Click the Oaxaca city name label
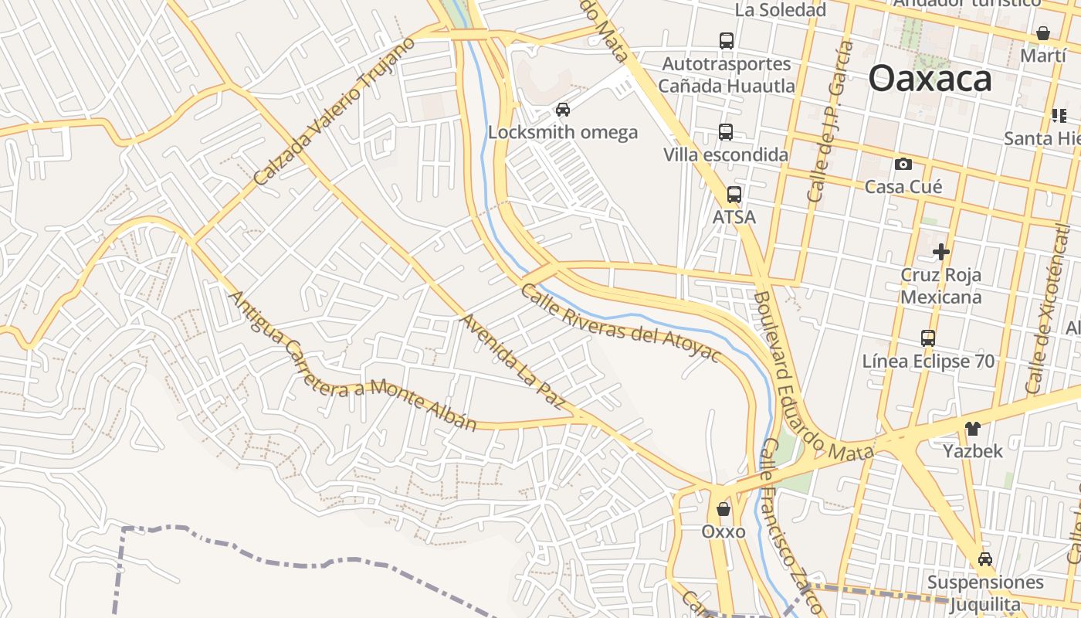click(x=930, y=79)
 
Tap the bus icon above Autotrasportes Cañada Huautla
click(x=726, y=41)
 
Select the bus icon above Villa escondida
click(x=726, y=132)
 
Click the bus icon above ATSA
click(x=734, y=195)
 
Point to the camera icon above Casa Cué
click(x=903, y=164)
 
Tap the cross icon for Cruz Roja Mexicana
click(x=940, y=252)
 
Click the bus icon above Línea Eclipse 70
click(x=928, y=338)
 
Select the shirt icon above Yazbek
click(x=972, y=428)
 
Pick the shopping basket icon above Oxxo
click(x=723, y=509)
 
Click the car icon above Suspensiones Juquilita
click(x=984, y=559)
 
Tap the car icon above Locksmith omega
click(x=563, y=110)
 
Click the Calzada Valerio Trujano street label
click(x=334, y=112)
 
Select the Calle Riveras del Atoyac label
click(x=620, y=324)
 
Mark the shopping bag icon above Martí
click(x=1042, y=33)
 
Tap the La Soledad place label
click(x=781, y=10)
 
